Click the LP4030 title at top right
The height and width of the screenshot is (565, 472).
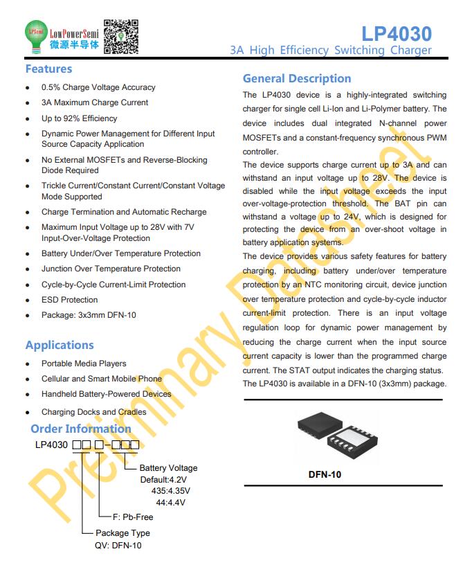point(397,33)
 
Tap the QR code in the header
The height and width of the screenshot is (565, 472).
point(120,37)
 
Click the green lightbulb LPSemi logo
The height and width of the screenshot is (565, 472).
point(35,35)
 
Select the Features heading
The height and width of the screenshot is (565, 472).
point(48,69)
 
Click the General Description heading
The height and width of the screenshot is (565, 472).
point(297,78)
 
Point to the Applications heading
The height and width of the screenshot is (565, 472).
point(60,345)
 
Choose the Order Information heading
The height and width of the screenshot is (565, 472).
point(81,429)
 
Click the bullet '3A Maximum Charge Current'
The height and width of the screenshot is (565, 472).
point(94,102)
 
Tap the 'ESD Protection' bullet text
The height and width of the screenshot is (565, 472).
point(69,300)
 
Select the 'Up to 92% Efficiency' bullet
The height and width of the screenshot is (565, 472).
point(79,118)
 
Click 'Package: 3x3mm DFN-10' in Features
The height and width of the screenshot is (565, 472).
point(89,315)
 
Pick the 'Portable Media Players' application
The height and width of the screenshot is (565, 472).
point(84,364)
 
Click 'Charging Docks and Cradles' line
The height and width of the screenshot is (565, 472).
point(93,412)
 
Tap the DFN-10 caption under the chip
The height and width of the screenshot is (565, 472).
point(325,475)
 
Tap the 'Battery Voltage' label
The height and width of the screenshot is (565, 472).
point(168,468)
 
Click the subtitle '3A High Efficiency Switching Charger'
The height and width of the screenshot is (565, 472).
point(331,50)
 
